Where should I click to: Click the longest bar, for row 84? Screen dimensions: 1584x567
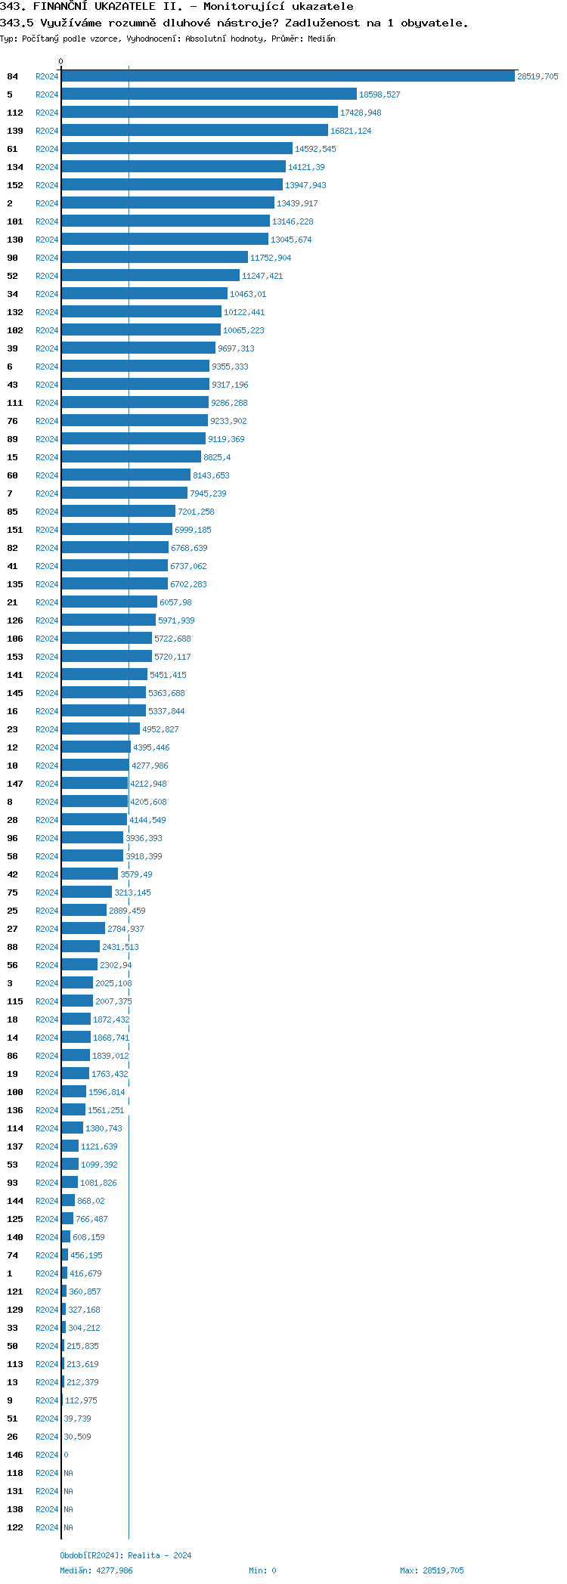click(x=288, y=76)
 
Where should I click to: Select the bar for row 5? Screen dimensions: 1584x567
click(x=209, y=94)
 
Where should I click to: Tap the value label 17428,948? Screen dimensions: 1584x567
click(x=361, y=113)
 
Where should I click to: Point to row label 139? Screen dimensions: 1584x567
click(x=15, y=131)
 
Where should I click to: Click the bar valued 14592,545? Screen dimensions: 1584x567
click(x=177, y=149)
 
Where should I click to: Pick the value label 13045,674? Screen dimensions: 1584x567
click(x=291, y=240)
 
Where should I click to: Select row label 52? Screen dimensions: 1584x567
click(x=13, y=276)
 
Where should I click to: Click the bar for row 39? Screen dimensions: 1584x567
click(x=138, y=348)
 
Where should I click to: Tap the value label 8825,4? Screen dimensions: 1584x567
click(x=217, y=457)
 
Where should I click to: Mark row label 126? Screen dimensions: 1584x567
click(x=15, y=620)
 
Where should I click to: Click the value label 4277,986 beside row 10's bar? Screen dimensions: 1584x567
click(x=150, y=766)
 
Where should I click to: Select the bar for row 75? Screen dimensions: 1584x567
click(x=87, y=893)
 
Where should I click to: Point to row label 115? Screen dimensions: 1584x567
click(x=15, y=1001)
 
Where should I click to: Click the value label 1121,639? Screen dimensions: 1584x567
click(x=99, y=1146)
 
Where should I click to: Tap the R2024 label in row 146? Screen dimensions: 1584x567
click(x=47, y=1455)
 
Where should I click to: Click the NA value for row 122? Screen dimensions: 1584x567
click(x=68, y=1527)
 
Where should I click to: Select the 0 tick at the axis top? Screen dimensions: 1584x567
click(x=61, y=61)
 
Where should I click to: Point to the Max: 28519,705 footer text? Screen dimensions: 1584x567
click(x=432, y=1570)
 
